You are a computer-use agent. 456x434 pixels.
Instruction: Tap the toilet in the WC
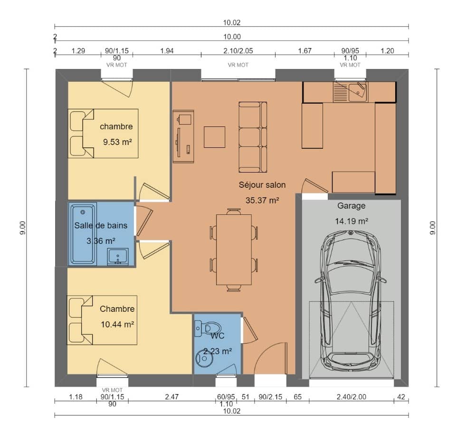[x=211, y=328]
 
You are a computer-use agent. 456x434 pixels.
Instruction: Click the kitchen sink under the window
[x=357, y=92]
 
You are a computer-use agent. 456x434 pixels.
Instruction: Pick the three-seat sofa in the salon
[x=252, y=137]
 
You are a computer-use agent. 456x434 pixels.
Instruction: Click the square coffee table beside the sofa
[x=215, y=137]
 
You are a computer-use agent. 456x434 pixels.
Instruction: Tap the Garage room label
[x=351, y=206]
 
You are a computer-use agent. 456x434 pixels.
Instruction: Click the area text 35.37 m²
[x=262, y=200]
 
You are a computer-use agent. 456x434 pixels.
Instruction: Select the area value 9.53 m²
[x=117, y=142]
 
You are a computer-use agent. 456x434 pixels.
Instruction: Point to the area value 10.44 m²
[x=117, y=325]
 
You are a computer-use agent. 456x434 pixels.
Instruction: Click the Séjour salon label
[x=262, y=185]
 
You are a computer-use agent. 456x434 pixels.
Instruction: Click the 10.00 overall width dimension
[x=232, y=37]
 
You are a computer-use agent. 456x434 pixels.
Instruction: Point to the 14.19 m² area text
[x=351, y=221]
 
